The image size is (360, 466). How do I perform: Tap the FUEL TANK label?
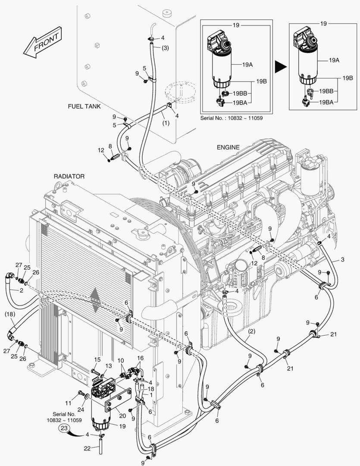84,106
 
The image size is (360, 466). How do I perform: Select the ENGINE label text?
228,147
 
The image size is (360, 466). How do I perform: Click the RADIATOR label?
69,176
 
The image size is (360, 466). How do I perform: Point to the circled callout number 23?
64,428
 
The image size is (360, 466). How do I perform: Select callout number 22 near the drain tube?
87,448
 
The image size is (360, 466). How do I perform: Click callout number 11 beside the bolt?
68,403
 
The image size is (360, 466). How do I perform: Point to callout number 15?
97,359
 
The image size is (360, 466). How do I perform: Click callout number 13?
109,366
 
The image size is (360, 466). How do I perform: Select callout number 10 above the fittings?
121,360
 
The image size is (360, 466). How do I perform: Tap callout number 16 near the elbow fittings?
141,358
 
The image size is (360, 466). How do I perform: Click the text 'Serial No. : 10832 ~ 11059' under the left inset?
232,117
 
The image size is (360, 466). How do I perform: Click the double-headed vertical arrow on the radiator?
95,301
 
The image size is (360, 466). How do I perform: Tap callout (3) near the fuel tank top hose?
165,48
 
